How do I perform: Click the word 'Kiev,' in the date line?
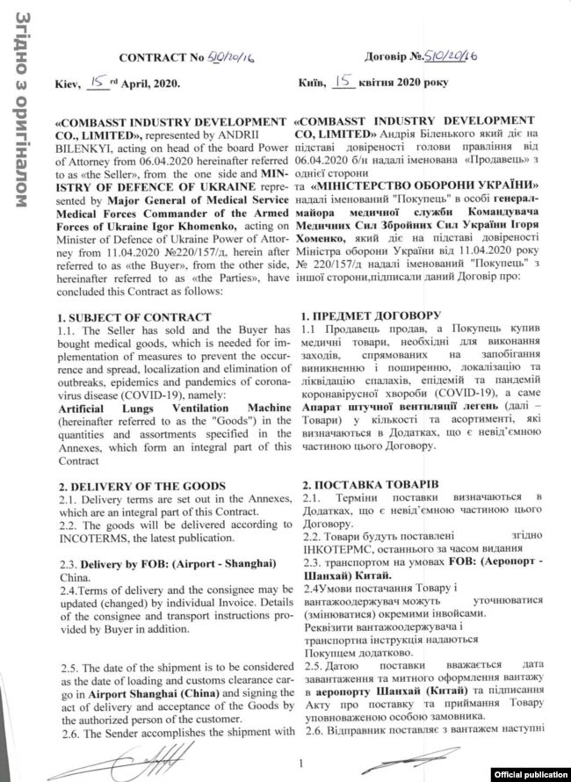(68, 83)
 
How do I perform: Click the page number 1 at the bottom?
(300, 764)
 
